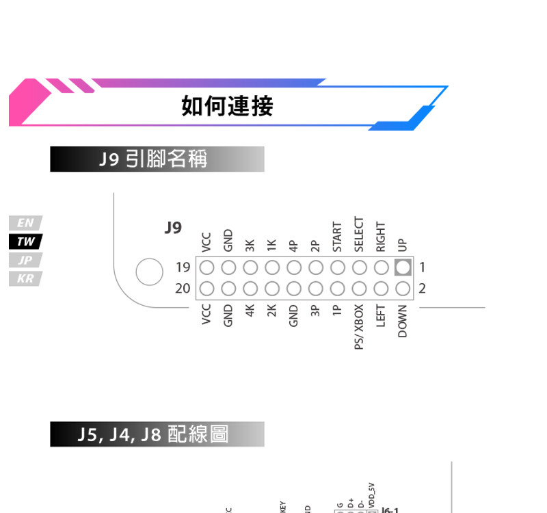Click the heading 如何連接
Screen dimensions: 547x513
click(227, 106)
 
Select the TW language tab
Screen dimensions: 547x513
click(25, 241)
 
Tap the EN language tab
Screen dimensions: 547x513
click(25, 223)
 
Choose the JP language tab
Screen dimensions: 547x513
click(25, 260)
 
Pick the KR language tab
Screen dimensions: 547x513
click(25, 278)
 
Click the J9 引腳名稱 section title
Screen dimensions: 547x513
click(157, 159)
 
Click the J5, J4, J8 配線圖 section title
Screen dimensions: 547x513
click(157, 434)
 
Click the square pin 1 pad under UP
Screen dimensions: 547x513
click(403, 267)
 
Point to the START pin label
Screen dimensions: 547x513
click(337, 237)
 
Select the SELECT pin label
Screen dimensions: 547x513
click(359, 235)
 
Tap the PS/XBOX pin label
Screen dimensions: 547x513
click(359, 327)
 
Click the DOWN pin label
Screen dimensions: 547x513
click(403, 321)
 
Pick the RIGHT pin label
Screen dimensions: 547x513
click(381, 237)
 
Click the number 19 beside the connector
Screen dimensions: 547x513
click(183, 267)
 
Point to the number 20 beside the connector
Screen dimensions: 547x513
click(183, 288)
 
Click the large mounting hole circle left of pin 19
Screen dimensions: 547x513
click(148, 272)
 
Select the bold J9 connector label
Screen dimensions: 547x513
click(174, 227)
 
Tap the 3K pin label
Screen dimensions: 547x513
click(250, 244)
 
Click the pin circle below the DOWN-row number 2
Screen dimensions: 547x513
click(403, 288)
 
